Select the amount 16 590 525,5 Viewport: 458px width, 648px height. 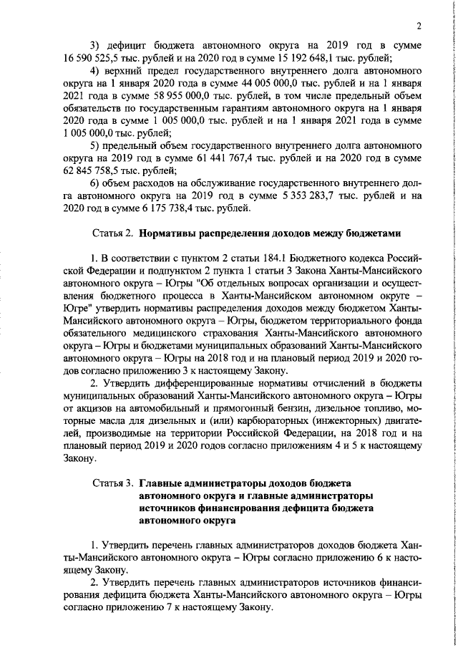[92, 58]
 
